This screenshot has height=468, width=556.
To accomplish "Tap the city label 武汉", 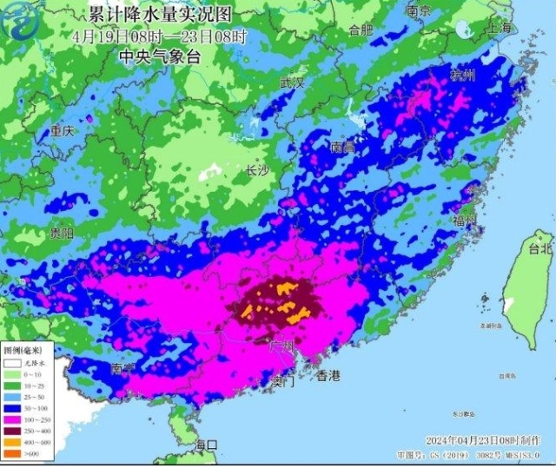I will (x=292, y=83).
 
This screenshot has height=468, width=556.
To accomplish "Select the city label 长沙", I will (x=257, y=170).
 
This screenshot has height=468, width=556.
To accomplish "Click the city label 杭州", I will (x=464, y=76).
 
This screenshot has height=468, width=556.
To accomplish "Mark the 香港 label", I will (x=328, y=376).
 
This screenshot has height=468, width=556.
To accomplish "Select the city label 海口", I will (x=206, y=445).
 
